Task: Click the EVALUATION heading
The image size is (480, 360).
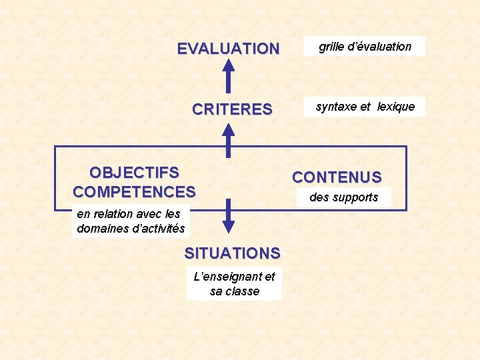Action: pos(228,49)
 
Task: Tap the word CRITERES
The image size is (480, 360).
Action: pos(232,109)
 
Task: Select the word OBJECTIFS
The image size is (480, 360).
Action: pos(134,173)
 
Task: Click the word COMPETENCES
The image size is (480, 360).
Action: pos(134,192)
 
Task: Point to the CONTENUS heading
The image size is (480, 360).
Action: pos(337,177)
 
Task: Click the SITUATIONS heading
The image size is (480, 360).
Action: pos(232,253)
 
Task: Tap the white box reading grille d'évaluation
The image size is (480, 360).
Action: pos(365,47)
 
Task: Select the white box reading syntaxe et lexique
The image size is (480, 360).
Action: pos(365,107)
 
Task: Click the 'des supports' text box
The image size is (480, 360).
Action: pos(343,197)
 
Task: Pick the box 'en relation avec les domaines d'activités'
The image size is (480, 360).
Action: pos(131,221)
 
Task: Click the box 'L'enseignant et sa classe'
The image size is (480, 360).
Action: pos(234,284)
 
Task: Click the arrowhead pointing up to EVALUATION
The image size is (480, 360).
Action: pos(229,65)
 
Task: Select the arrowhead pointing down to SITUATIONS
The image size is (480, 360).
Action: pos(229,226)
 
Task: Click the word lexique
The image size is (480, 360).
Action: pos(396,107)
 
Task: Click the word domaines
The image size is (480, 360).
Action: pos(101,229)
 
